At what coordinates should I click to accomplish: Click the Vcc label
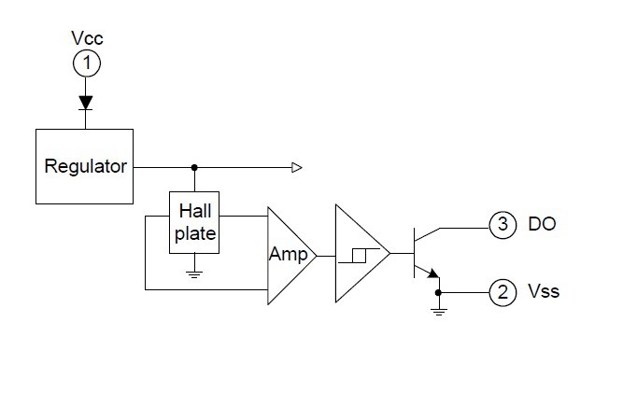(87, 38)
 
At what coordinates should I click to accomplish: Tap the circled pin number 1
(87, 63)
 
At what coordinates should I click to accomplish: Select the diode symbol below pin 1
(85, 103)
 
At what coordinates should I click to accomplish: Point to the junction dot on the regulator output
(194, 167)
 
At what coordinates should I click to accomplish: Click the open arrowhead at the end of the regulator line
(297, 167)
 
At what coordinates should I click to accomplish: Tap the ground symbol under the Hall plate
(194, 274)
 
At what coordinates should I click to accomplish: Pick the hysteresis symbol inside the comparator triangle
(359, 256)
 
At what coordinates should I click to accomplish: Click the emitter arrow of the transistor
(433, 273)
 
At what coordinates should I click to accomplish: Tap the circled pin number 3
(503, 224)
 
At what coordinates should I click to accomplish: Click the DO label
(542, 224)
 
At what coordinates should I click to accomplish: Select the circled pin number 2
(503, 292)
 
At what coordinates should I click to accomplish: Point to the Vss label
(544, 291)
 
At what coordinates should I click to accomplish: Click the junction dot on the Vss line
(438, 292)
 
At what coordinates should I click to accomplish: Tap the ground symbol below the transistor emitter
(439, 312)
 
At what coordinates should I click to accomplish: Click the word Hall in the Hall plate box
(195, 211)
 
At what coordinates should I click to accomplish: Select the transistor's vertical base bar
(414, 253)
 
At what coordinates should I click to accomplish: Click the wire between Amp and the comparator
(326, 256)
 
